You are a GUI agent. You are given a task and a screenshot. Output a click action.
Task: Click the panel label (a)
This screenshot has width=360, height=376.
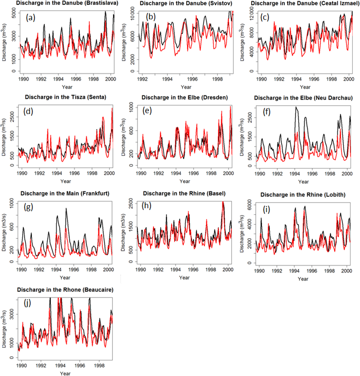[x=30, y=18]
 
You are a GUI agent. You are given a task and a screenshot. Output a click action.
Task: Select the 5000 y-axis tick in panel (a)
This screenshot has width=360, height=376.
[x=13, y=14]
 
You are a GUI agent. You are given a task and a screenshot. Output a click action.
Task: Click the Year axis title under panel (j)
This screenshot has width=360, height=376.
[x=65, y=373]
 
